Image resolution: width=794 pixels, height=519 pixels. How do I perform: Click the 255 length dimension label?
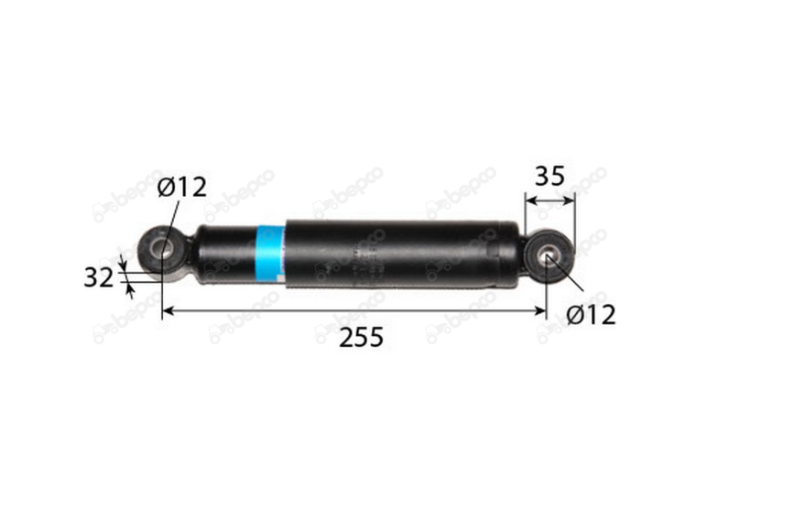coord(361,337)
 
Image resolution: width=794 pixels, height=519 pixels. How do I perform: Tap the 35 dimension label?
coord(549,177)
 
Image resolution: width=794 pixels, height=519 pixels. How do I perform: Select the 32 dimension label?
coord(99,277)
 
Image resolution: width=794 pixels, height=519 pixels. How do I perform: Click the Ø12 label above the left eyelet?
coord(182,187)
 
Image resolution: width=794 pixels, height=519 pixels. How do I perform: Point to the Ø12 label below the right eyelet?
coord(591,315)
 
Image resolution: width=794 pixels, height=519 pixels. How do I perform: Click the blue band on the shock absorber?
coord(270,254)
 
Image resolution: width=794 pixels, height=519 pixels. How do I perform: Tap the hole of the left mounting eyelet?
coord(161,249)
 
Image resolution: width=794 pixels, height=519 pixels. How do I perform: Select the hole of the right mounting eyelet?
coord(548,256)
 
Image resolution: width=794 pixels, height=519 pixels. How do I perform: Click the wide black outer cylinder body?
coord(403,254)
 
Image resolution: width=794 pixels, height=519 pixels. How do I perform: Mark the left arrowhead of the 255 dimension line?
coord(167,310)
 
